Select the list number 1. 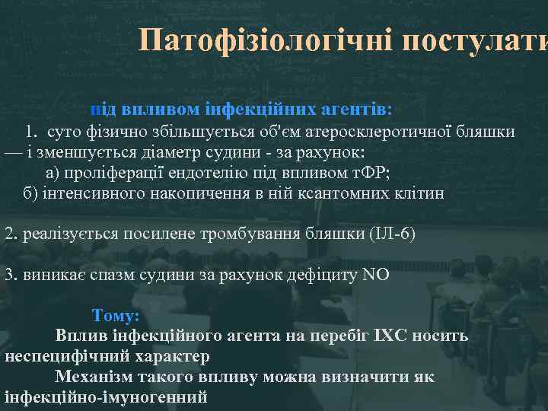coord(32,132)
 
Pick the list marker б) coord(30,193)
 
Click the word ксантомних coord(338,193)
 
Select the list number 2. coord(10,233)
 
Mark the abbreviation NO coord(378,274)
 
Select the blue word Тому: coord(116,315)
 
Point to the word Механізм coord(91,377)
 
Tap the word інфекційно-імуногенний coord(106,397)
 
